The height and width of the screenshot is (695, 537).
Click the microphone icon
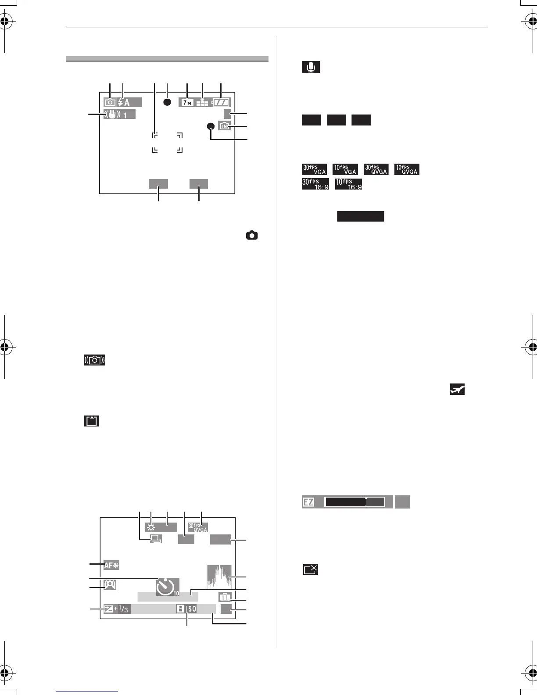311,68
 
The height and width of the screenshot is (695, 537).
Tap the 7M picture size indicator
186,103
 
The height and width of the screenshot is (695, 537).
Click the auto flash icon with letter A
124,103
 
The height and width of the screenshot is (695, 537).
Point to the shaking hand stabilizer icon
112,115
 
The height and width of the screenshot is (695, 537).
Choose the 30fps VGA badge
314,169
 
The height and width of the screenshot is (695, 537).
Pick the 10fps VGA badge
345,169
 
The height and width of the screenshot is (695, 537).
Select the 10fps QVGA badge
407,169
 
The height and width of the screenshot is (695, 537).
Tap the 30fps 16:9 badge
315,184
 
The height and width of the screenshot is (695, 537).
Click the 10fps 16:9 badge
348,184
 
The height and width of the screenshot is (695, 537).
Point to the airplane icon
458,390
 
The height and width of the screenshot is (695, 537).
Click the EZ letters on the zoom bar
309,502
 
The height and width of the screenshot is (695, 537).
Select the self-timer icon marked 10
168,587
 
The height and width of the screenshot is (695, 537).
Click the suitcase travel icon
224,597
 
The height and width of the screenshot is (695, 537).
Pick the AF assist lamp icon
111,565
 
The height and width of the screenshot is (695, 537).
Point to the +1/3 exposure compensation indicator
117,609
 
